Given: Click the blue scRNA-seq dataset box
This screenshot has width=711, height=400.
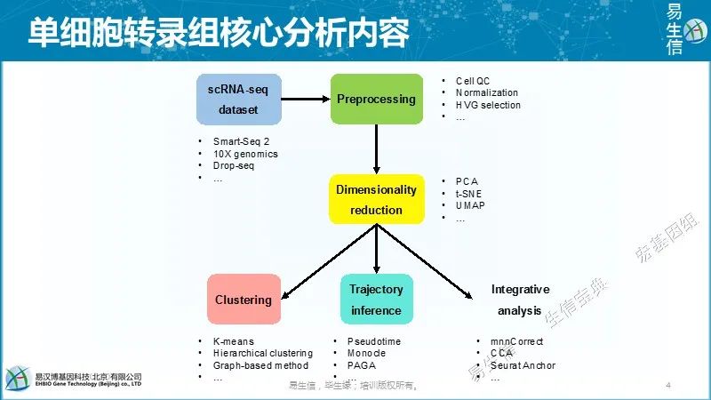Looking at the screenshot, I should [x=237, y=99].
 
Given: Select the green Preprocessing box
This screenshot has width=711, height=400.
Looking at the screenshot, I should [x=376, y=99].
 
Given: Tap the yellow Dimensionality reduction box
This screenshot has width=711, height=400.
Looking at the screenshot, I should [x=376, y=199].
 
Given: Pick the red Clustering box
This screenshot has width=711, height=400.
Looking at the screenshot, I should [x=243, y=300].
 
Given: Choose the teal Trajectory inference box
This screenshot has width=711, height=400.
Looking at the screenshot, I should [x=376, y=300].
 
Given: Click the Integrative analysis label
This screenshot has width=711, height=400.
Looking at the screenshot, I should [x=520, y=300].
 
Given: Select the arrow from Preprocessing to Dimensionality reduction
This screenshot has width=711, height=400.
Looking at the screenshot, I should [x=377, y=148].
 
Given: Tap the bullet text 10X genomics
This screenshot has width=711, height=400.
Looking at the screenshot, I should [x=245, y=154].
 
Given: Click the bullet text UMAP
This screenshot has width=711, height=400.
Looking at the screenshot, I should [x=473, y=206].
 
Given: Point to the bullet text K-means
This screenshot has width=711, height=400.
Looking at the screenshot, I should [x=234, y=341].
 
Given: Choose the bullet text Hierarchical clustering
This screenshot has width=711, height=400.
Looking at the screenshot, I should [x=261, y=353].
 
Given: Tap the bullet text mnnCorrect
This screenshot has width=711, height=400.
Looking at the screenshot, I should [x=516, y=341].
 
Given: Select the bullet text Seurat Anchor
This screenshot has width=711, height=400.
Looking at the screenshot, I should [x=523, y=365].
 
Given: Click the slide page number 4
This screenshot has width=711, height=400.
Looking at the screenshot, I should [x=667, y=386].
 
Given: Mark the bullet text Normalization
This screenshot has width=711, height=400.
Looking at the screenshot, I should [x=487, y=92].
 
